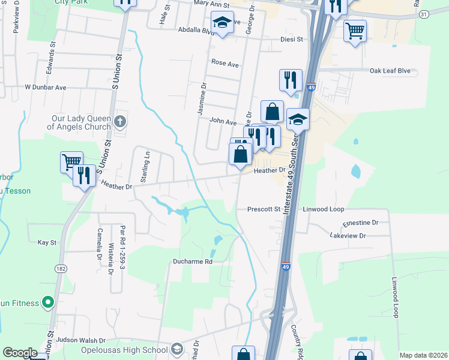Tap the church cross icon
tap(120, 122)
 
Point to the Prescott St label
tap(264, 209)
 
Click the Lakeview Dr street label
tap(348, 236)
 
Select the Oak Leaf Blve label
tap(390, 71)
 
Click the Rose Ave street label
tap(225, 62)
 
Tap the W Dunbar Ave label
tap(45, 87)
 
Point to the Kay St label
tap(47, 242)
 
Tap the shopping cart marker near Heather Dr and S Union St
tap(71, 161)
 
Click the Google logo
tap(20, 353)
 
